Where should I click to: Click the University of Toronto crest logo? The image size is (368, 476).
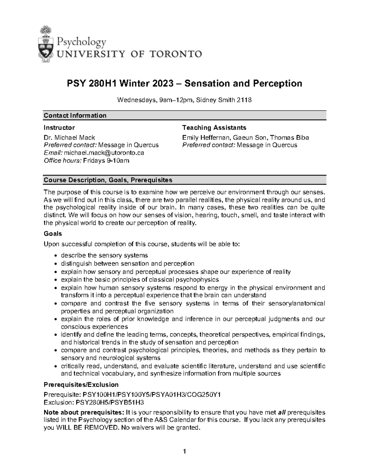click(x=47, y=45)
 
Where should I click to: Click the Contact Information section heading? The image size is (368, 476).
click(x=75, y=116)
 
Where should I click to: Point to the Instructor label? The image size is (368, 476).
click(x=59, y=128)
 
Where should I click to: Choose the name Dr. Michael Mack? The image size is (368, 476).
click(x=69, y=138)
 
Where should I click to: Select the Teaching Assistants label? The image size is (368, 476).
click(x=214, y=128)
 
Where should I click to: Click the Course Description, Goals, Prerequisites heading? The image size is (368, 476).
click(x=108, y=180)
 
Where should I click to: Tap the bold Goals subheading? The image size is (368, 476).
click(x=53, y=234)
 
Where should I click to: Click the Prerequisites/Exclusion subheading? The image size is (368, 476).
click(x=81, y=385)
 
